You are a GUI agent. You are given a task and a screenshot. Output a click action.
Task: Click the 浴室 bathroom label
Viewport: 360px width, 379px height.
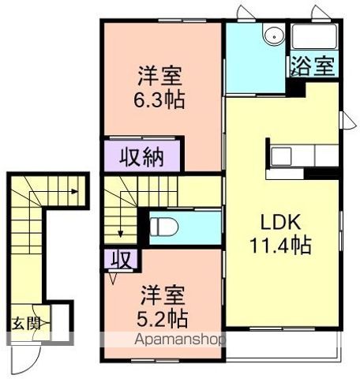pyautogui.click(x=314, y=65)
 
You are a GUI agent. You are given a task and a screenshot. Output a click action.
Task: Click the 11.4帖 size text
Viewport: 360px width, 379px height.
pyautogui.click(x=281, y=244)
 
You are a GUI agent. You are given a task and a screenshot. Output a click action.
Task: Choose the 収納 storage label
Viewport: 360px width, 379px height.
pyautogui.click(x=142, y=156)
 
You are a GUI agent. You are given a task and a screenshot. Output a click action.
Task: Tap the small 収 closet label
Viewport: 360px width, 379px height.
pyautogui.click(x=120, y=259)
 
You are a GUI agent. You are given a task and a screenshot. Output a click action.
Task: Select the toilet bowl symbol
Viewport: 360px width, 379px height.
pyautogui.click(x=164, y=227)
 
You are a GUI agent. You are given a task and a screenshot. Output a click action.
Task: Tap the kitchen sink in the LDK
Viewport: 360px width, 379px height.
pyautogui.click(x=283, y=156)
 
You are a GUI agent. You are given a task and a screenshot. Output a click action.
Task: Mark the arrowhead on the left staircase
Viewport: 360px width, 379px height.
pyautogui.click(x=74, y=190)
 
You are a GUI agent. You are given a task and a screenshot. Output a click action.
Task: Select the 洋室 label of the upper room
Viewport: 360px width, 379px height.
pyautogui.click(x=160, y=77)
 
